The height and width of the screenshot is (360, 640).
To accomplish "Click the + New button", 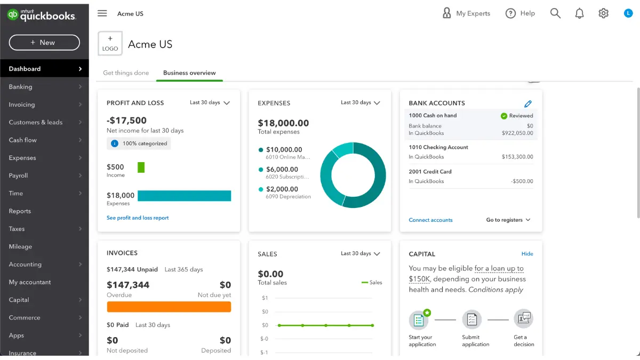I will point(44,43).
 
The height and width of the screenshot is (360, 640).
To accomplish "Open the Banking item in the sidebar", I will point(21,87).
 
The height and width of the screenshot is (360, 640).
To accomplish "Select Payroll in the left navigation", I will point(19,175).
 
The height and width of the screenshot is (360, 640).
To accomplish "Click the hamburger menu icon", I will point(102,14).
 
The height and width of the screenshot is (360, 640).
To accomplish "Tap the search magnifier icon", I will point(555,14).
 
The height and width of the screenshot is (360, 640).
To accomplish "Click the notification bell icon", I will point(580,14).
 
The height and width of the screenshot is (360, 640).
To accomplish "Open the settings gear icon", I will point(603,14).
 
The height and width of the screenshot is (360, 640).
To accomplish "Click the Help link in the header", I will point(520,14).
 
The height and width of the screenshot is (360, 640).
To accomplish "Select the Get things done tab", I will point(126,73).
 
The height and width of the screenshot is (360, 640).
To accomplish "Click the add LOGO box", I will point(110,44).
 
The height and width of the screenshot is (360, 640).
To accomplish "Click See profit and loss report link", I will point(138,218).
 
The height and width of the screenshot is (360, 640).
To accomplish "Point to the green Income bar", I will point(141,167).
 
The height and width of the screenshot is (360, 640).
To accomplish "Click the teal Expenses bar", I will point(184,196).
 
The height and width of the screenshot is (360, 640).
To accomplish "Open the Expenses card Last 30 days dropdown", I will point(361,103).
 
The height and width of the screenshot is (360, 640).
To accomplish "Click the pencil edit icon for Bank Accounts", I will point(528,104).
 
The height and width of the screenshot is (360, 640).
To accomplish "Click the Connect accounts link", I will point(430,220).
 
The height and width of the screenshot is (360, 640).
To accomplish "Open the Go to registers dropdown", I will point(508,220).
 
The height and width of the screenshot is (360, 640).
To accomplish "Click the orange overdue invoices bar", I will point(169,307).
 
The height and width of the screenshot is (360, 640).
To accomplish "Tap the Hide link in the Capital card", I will point(527,254).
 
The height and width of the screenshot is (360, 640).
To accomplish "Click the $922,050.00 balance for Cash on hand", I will point(517,133).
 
